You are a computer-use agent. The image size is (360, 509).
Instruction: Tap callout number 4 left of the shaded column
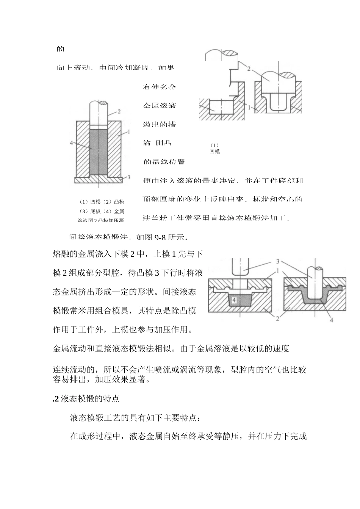[71, 143]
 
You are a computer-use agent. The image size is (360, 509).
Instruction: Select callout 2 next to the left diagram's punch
[119, 111]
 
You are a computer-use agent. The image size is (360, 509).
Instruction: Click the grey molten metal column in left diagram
[99, 151]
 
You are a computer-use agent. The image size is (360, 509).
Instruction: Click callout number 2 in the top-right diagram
[249, 69]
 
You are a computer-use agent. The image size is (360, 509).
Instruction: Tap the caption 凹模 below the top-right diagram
[214, 152]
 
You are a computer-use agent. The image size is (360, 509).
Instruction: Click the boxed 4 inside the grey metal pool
[234, 300]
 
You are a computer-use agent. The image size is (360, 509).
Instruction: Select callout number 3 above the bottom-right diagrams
[278, 261]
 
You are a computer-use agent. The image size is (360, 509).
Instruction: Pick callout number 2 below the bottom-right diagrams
[277, 319]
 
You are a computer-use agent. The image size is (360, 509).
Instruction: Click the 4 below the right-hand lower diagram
[332, 320]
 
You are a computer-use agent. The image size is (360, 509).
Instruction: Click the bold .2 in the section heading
[56, 398]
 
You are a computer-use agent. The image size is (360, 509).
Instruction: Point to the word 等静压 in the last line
[226, 436]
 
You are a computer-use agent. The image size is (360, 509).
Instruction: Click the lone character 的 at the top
[60, 49]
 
